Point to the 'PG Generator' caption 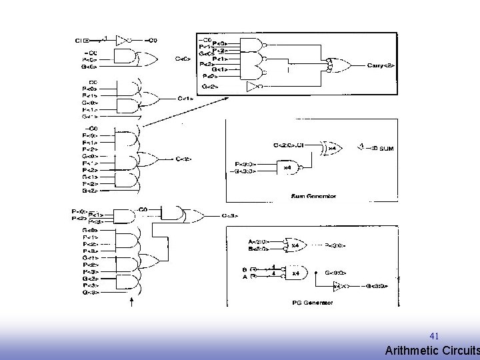[x=313, y=303]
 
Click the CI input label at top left [x=79, y=41]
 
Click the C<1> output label [x=185, y=98]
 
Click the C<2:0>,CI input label [x=289, y=145]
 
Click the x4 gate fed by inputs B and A [x=295, y=273]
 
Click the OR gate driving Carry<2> [x=341, y=66]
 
